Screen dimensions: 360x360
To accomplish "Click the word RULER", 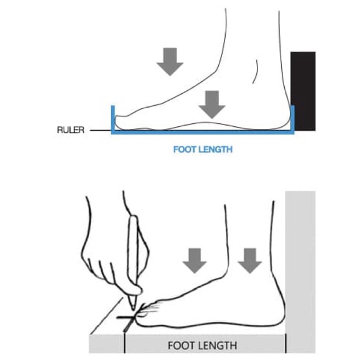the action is pyautogui.click(x=71, y=130).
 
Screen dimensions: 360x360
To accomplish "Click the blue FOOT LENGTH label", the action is pyautogui.click(x=203, y=149).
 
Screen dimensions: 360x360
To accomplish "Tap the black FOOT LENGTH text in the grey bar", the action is pyautogui.click(x=202, y=346).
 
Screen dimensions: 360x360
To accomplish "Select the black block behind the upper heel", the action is pyautogui.click(x=303, y=91).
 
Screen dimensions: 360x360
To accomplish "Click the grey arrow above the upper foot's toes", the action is pyautogui.click(x=170, y=61).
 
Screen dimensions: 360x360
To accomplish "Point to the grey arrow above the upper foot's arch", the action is pyautogui.click(x=212, y=104).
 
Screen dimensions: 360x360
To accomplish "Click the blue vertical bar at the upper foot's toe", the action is pyautogui.click(x=113, y=118).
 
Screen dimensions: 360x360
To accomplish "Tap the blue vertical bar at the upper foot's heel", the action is pyautogui.click(x=292, y=118).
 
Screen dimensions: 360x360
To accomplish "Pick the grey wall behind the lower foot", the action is pyautogui.click(x=300, y=272).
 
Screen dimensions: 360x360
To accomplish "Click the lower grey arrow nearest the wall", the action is pyautogui.click(x=250, y=260).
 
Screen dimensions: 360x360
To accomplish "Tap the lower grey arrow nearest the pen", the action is pyautogui.click(x=194, y=260).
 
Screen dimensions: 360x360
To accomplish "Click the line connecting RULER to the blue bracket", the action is pyautogui.click(x=101, y=130).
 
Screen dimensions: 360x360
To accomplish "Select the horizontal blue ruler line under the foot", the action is pyautogui.click(x=203, y=132).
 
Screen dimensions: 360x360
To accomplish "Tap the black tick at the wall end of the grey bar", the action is pyautogui.click(x=286, y=343).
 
